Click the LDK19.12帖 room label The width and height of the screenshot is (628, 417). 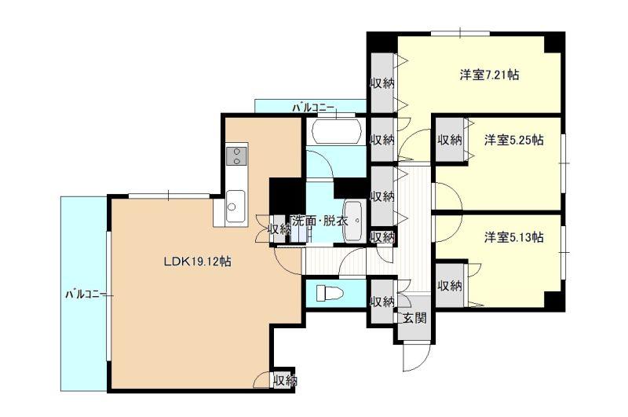click(197, 262)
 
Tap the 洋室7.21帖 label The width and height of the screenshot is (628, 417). click(489, 75)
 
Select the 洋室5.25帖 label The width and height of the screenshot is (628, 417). click(514, 141)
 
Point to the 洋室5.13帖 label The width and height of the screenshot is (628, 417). click(514, 237)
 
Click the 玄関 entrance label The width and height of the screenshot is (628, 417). click(414, 318)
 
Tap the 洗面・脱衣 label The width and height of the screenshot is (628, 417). click(319, 221)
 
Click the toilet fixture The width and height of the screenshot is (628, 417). click(330, 293)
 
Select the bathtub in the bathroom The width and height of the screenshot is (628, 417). click(337, 131)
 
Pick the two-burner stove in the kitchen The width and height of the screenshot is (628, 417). click(236, 156)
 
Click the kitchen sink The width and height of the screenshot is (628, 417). click(235, 207)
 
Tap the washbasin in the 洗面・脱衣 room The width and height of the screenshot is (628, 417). click(352, 221)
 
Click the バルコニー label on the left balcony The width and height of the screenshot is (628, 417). click(86, 294)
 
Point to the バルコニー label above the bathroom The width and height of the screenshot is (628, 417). click(312, 108)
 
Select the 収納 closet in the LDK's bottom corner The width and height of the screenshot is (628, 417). click(284, 379)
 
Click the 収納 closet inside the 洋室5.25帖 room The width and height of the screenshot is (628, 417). click(450, 141)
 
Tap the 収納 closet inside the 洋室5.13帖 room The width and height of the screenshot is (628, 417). click(450, 286)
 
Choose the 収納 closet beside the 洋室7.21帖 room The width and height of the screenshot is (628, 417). click(382, 83)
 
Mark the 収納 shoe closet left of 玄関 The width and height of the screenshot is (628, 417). click(382, 302)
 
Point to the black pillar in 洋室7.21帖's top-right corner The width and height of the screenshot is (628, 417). click(553, 42)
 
